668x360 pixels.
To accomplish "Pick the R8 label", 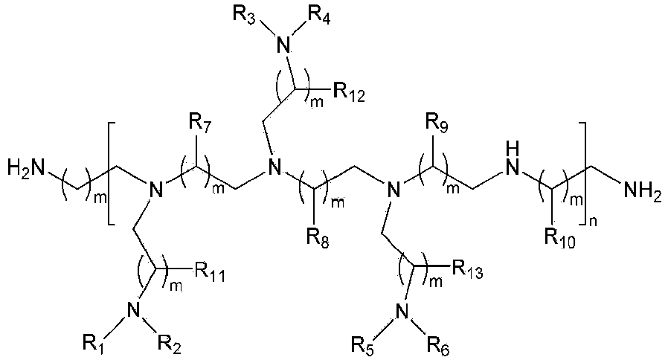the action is click(x=317, y=238).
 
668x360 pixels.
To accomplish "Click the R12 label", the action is click(x=349, y=92).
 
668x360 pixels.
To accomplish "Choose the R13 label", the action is click(x=468, y=269).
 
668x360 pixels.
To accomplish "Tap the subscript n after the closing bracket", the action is click(x=594, y=221).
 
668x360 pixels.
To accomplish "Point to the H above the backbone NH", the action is click(x=513, y=150).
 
